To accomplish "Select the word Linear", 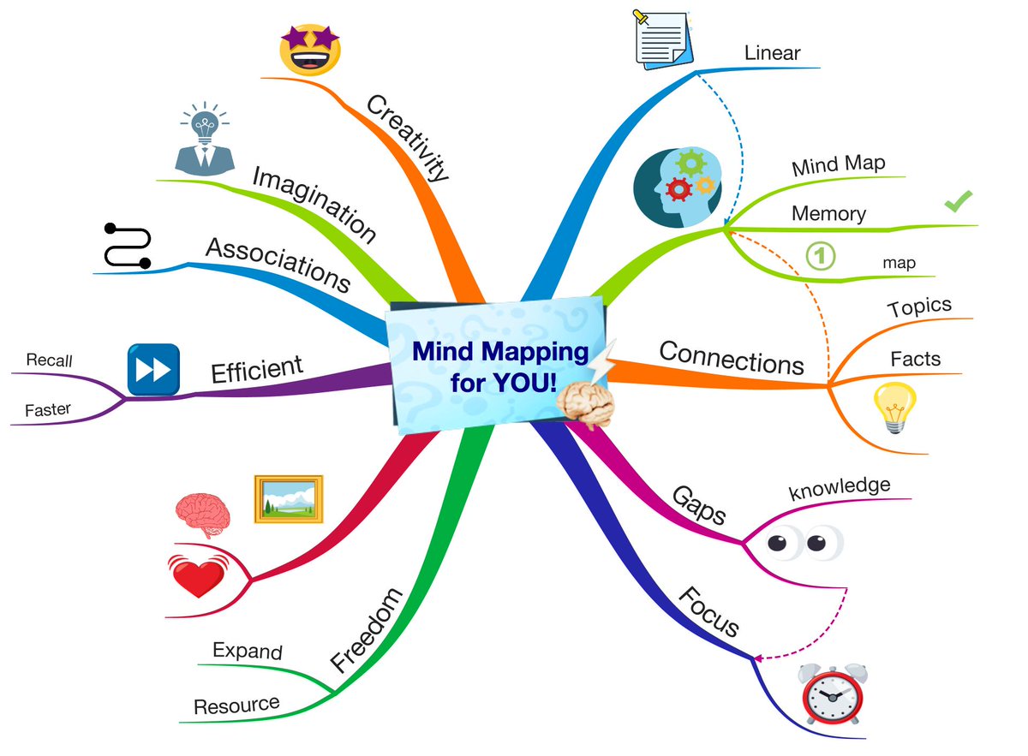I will coord(772,53).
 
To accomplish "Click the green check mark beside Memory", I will coord(958,202).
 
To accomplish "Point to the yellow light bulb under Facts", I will coord(894,408).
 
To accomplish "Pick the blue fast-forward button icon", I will coord(153,370).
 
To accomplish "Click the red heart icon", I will coord(198,575).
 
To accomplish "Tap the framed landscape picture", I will coord(289,499).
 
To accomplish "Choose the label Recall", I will coord(49,360).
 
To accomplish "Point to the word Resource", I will coord(236,705).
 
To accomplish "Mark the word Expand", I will coord(248,651).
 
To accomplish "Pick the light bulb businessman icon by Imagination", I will coord(204,140).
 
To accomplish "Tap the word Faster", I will coord(48,410).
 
